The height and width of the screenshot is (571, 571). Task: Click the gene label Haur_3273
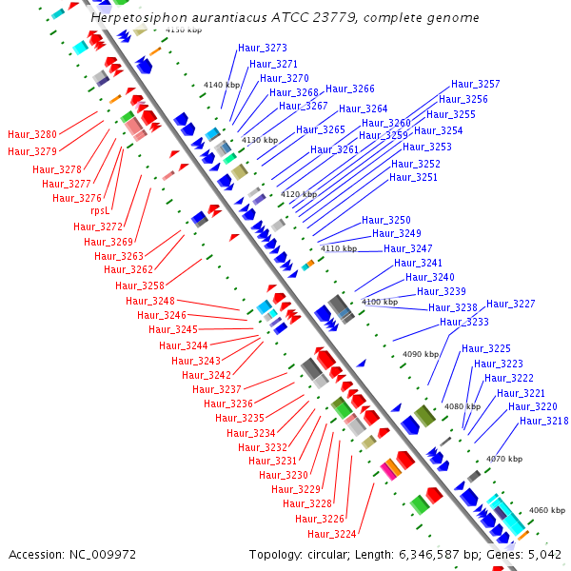(x=262, y=48)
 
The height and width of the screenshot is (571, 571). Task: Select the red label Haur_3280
(x=32, y=135)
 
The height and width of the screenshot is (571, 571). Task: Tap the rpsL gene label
(x=100, y=211)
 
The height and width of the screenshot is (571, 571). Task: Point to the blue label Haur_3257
(x=475, y=85)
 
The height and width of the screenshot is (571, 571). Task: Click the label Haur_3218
(x=544, y=421)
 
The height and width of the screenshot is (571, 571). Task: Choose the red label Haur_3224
(x=332, y=534)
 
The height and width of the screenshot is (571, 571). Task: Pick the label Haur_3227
(x=511, y=304)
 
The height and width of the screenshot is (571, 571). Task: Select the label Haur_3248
(x=150, y=301)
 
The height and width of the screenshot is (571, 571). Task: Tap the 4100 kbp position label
(x=380, y=302)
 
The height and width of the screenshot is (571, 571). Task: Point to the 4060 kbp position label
(x=547, y=510)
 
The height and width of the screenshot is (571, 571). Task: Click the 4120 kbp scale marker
(x=298, y=194)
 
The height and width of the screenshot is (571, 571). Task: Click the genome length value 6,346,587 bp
(x=415, y=554)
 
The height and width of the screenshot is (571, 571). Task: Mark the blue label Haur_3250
(x=386, y=220)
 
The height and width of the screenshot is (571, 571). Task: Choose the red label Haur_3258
(x=140, y=285)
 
